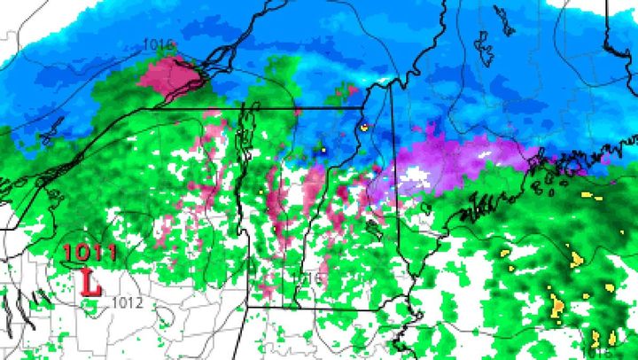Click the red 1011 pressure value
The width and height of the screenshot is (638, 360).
(89, 253)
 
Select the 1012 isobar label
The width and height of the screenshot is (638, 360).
(127, 303)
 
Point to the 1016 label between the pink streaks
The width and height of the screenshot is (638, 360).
(307, 278)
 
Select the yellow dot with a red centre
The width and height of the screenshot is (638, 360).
(364, 128)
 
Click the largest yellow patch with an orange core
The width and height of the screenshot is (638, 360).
(557, 306)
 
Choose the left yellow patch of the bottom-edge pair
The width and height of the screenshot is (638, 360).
(595, 338)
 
